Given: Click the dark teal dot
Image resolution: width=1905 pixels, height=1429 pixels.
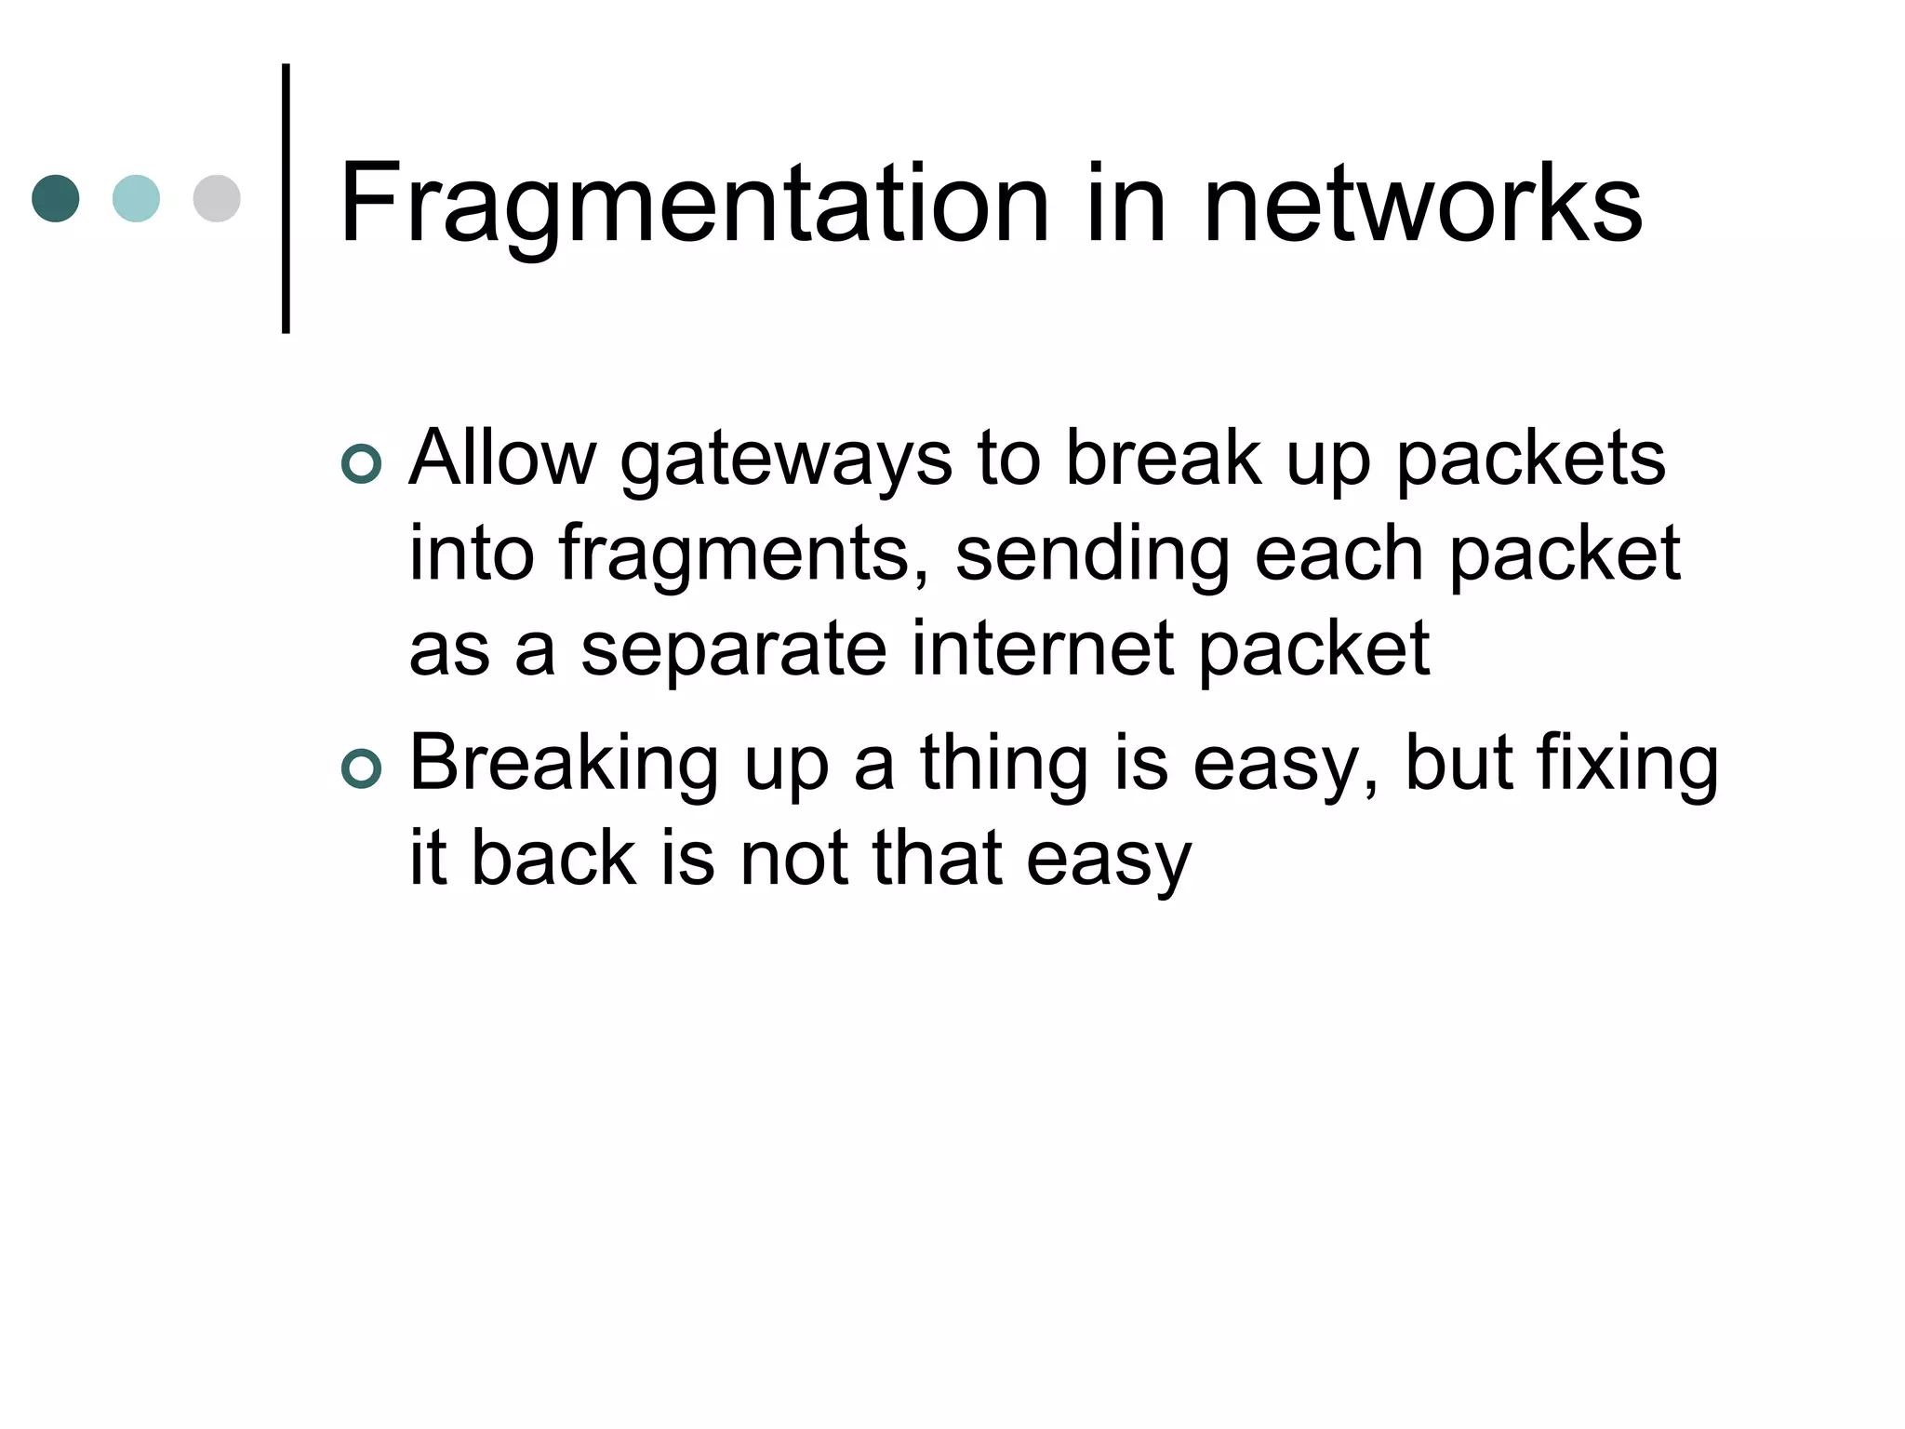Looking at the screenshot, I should [56, 198].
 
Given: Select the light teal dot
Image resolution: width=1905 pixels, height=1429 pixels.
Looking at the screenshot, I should [136, 198].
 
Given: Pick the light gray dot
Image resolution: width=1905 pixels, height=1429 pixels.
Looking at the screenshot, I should [217, 198].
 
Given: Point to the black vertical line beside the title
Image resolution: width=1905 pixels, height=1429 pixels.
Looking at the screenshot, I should [286, 198].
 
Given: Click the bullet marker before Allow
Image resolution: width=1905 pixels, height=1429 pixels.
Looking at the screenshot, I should [362, 464].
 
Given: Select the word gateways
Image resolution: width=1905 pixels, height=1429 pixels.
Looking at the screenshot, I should [786, 461].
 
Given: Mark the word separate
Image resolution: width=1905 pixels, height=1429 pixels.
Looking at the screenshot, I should [734, 651].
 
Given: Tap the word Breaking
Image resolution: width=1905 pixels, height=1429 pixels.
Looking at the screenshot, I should [564, 765].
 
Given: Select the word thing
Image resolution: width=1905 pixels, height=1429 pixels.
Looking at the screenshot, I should [1004, 765].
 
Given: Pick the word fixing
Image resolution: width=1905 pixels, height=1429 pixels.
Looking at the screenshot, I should [1627, 765].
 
